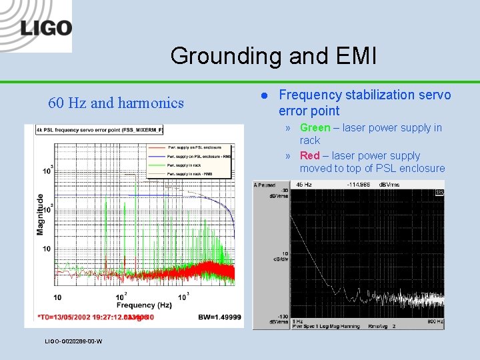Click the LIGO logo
(45, 28)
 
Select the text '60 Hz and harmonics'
(116, 103)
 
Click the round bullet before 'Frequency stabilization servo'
(263, 95)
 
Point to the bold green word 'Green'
(315, 128)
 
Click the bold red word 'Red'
(310, 156)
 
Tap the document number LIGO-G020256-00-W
(73, 341)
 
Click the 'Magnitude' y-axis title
(41, 213)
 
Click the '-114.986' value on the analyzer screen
(361, 185)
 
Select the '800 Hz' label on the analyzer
(434, 321)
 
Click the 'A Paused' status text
(266, 185)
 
